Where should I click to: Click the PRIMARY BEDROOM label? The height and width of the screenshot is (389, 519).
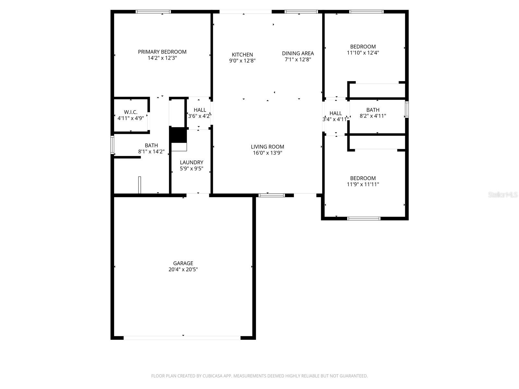tap(162, 52)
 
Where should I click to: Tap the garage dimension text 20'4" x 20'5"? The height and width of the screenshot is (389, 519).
tap(183, 269)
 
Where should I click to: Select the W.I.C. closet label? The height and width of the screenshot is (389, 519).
tap(130, 112)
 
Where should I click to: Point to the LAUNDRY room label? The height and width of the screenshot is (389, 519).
tap(191, 162)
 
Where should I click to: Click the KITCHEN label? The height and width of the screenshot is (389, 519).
tap(242, 54)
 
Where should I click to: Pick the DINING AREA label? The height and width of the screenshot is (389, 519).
tap(298, 53)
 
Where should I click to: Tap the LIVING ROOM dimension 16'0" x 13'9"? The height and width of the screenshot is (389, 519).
tap(267, 153)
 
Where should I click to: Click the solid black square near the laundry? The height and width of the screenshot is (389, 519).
tap(178, 135)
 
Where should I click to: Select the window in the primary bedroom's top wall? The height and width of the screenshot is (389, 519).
tap(153, 12)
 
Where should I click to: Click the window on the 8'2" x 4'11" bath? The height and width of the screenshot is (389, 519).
tap(406, 109)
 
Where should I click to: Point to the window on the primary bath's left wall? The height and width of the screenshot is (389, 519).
tap(112, 145)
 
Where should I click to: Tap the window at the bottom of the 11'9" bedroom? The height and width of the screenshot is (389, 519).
tap(364, 218)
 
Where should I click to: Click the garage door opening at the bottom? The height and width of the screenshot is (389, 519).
tap(182, 338)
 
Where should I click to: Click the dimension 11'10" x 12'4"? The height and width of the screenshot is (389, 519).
tap(363, 53)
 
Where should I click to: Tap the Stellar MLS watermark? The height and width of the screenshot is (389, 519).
tap(503, 195)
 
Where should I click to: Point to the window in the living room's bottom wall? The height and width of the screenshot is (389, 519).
tap(272, 195)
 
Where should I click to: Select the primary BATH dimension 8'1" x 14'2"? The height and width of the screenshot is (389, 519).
tap(151, 151)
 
